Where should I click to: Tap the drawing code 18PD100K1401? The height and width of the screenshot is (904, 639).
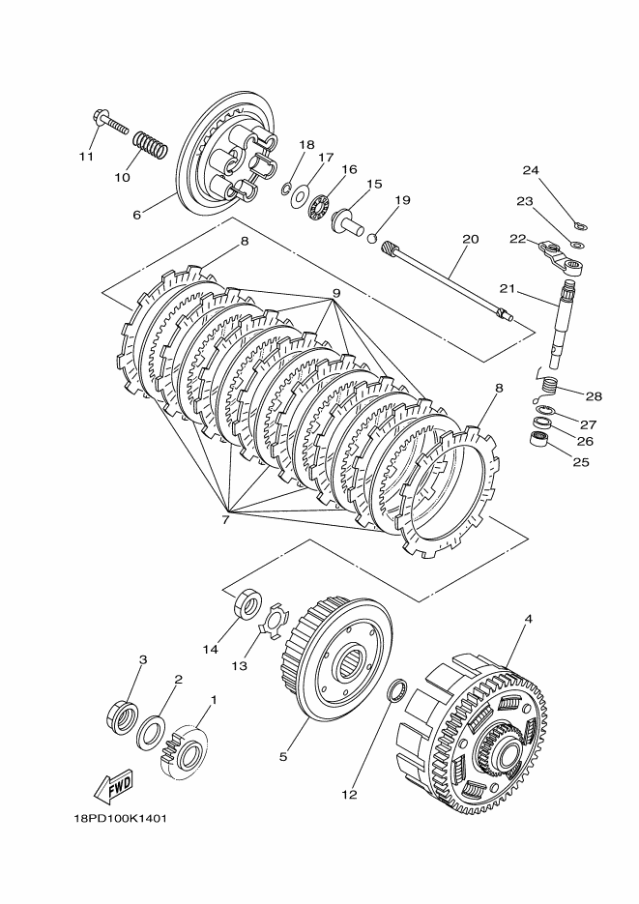click(121, 818)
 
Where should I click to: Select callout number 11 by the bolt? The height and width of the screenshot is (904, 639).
click(87, 156)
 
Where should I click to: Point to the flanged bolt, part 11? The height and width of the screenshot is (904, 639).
click(111, 124)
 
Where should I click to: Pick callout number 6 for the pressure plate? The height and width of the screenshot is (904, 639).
click(136, 215)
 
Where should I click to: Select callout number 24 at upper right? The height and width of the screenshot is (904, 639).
click(530, 171)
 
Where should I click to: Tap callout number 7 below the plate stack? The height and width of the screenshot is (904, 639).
click(224, 520)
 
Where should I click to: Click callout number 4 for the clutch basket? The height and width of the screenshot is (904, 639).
click(528, 619)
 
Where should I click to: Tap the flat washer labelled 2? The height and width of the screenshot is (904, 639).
click(152, 732)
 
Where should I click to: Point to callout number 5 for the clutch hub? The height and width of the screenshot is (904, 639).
click(283, 757)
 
